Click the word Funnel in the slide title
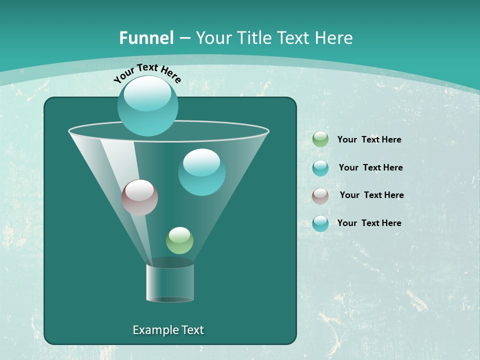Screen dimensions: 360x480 tap(146, 38)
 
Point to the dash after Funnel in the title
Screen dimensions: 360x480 tap(184, 38)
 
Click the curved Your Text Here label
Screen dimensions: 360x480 tap(147, 72)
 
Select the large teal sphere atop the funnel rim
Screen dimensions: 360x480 tap(148, 105)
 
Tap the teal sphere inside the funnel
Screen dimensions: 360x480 tap(201, 172)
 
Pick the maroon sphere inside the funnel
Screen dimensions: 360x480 tap(139, 197)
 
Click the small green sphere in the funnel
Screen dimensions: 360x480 tap(179, 240)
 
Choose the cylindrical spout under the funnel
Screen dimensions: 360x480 tap(170, 282)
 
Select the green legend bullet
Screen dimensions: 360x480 tap(320, 139)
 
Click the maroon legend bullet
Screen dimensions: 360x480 tap(320, 195)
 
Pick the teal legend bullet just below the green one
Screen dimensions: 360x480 tap(320, 168)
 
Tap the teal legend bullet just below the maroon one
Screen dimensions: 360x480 tap(320, 223)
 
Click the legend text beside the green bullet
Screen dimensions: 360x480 tap(369, 140)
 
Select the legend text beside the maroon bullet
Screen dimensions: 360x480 tap(371, 195)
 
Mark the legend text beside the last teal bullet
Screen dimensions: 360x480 tap(369, 223)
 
